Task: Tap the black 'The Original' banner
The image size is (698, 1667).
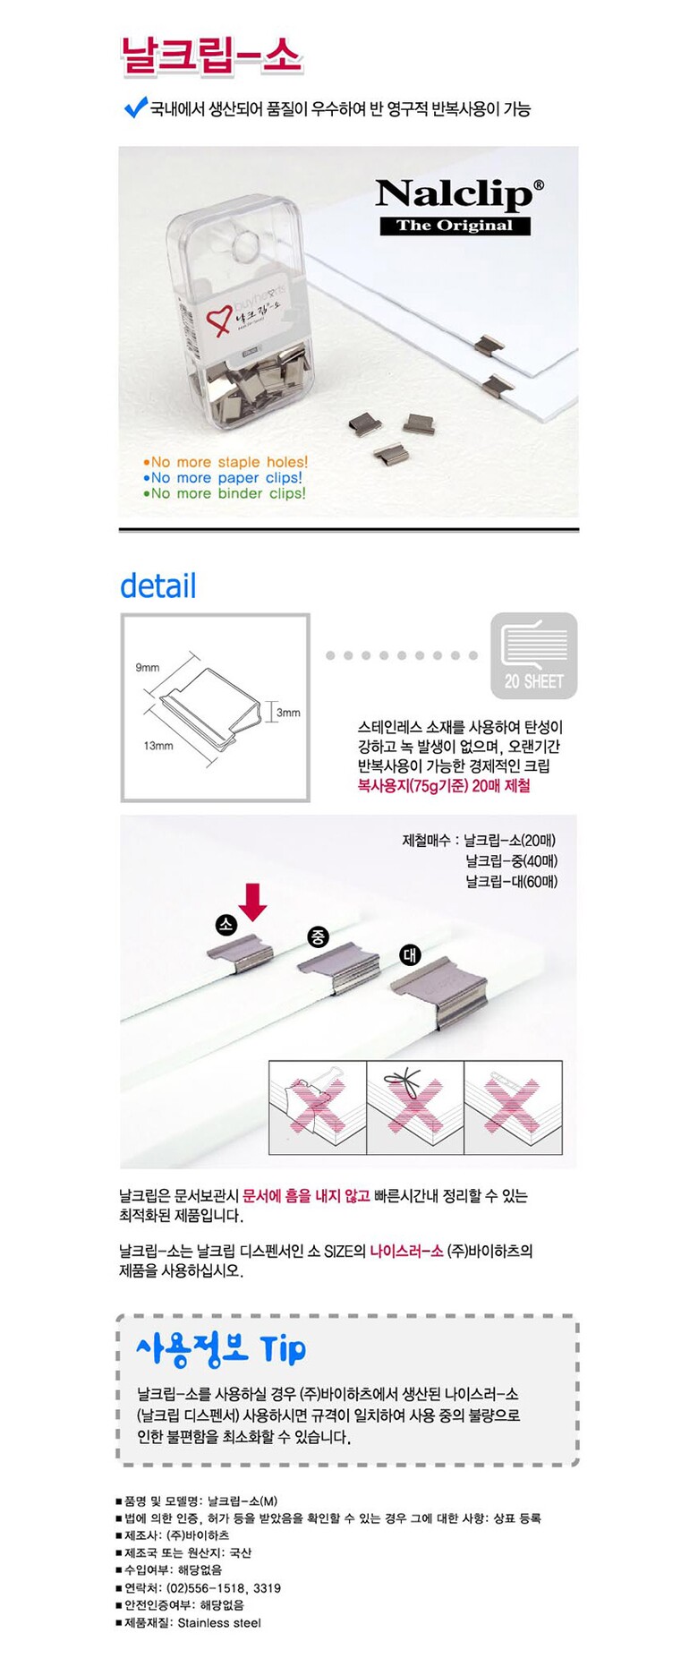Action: click(x=455, y=226)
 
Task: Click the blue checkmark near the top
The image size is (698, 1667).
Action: click(x=135, y=107)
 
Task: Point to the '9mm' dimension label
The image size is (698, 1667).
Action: click(x=148, y=668)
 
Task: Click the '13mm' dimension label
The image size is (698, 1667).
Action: click(x=158, y=746)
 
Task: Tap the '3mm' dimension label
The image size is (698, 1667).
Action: click(x=288, y=713)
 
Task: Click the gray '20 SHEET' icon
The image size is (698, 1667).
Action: click(x=533, y=655)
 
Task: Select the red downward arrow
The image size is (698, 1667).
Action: click(x=253, y=902)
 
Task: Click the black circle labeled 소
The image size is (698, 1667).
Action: click(x=226, y=925)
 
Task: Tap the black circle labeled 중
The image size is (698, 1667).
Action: click(x=319, y=937)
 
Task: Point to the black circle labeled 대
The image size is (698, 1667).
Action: click(x=410, y=955)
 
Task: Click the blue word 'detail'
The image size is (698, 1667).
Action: click(x=158, y=586)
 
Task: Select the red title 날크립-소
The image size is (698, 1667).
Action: click(x=211, y=56)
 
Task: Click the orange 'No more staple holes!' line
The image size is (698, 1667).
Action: click(x=226, y=462)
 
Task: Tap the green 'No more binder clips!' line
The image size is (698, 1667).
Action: click(x=225, y=493)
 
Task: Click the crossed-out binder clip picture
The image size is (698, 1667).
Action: click(x=318, y=1107)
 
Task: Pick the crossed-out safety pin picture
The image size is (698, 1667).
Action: click(x=513, y=1107)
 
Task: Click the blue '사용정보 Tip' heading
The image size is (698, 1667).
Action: click(x=221, y=1349)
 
